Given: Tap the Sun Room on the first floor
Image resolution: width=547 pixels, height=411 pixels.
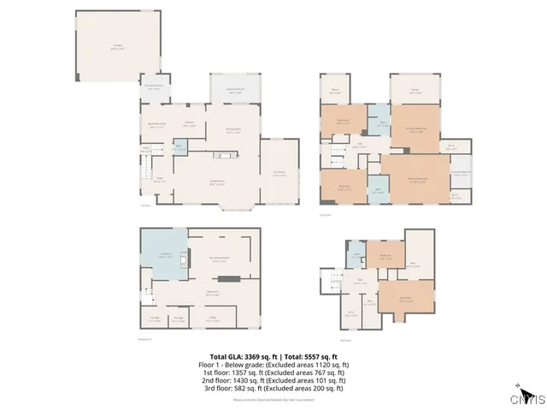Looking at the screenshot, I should (279, 174).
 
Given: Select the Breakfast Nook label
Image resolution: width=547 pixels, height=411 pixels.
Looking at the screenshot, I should (158, 125).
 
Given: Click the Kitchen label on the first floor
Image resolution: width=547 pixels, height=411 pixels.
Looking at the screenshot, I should (190, 125).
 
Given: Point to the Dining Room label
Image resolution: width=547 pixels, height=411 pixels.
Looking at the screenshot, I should (232, 131).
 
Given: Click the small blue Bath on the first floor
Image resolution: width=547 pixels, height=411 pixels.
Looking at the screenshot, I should (179, 146).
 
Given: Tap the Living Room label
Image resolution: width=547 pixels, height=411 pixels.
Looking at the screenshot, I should (216, 182).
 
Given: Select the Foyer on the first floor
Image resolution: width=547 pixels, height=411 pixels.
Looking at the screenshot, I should (159, 181).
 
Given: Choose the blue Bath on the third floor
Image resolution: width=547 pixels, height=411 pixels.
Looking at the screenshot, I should (356, 254).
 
